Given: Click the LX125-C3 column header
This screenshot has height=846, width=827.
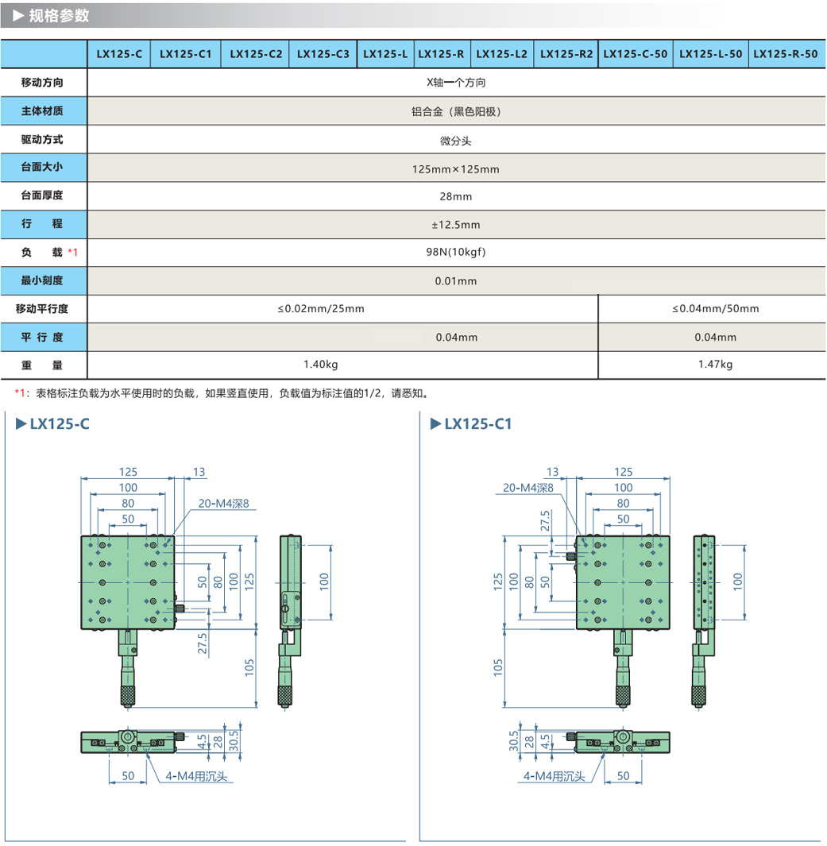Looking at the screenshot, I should [x=323, y=54].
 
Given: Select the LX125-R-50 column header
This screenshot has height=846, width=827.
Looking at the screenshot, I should [x=785, y=54].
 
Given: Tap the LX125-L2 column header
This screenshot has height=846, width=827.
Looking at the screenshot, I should [x=502, y=54].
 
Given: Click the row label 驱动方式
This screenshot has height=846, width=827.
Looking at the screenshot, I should [x=42, y=140].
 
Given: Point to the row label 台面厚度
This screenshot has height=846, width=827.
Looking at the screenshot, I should [x=42, y=195].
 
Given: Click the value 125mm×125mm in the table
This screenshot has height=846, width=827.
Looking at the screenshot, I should [x=456, y=169].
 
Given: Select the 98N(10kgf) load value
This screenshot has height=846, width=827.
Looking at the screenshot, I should [x=456, y=253].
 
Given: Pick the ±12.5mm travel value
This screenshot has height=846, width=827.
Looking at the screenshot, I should [x=456, y=225].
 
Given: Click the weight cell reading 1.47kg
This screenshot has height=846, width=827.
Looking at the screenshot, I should [x=715, y=365].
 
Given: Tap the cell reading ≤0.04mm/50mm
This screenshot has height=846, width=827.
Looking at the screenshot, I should [x=715, y=308].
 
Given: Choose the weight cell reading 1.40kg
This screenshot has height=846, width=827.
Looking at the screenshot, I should [x=321, y=365].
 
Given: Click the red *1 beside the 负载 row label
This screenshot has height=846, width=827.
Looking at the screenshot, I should [x=73, y=253].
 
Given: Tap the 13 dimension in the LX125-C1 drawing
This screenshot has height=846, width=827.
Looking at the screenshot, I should [x=553, y=472].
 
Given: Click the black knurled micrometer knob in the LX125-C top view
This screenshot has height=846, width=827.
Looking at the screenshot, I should [x=127, y=694].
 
